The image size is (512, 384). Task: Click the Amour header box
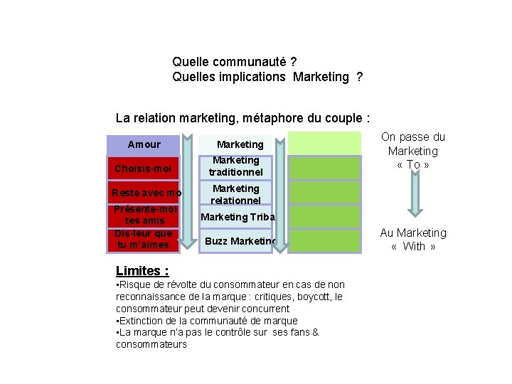coord(143,144)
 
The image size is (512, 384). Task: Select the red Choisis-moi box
coord(143,169)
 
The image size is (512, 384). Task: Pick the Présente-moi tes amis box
coord(143,215)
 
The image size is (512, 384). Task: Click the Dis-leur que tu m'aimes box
coord(143,239)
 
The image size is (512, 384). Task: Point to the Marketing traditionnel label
coord(236,166)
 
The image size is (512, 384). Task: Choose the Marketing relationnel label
coord(236,194)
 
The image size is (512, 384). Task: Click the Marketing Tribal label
coord(238,217)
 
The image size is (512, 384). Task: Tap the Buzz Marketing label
coord(240,242)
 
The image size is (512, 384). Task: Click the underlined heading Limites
coord(142,270)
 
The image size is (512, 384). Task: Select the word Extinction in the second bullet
coord(139,321)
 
